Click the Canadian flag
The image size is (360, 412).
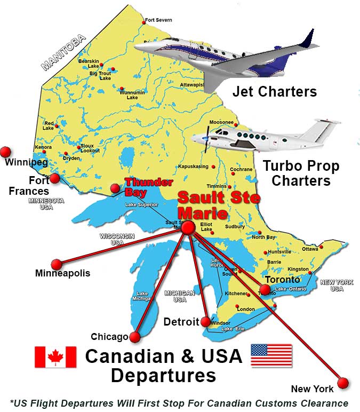tap(55, 357)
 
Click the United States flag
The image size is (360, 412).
tap(271, 355)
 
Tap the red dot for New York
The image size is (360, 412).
tap(343, 383)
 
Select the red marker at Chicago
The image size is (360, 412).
tap(135, 337)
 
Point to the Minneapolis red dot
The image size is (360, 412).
tap(56, 264)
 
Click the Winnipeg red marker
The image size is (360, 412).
tap(6, 152)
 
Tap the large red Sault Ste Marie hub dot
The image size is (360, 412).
tap(188, 228)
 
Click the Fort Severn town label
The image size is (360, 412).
tap(159, 20)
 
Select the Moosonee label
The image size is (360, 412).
tap(221, 122)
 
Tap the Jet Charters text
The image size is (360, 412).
tap(274, 92)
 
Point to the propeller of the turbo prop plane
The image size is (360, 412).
tap(205, 139)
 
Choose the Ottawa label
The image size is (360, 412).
tap(310, 249)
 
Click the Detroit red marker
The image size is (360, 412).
tap(205, 322)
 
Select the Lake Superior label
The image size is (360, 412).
tap(141, 204)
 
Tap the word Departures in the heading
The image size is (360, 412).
tap(163, 375)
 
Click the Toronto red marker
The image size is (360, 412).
tap(265, 290)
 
